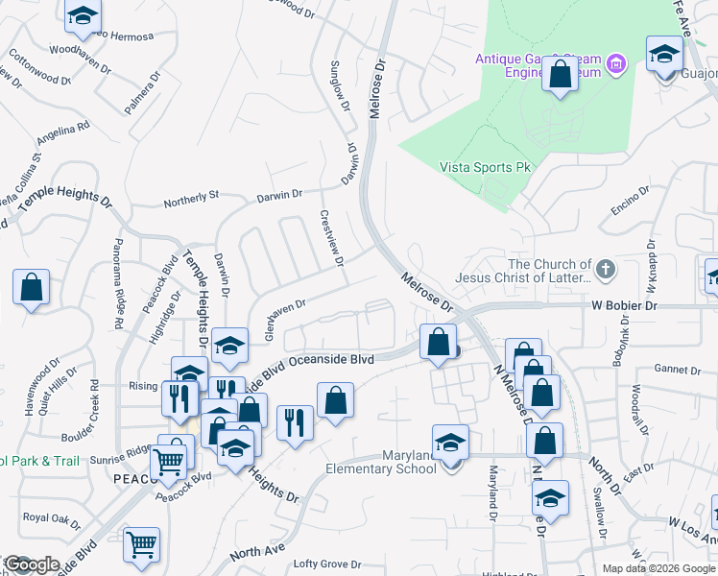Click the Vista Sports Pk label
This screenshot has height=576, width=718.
coord(485,167)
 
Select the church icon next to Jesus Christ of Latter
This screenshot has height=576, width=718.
coord(605,271)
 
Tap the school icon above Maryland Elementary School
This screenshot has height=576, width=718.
coord(448,443)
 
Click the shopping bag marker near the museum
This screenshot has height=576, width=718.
coord(560,74)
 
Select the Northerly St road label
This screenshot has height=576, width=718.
coord(191,198)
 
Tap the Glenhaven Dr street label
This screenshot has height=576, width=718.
coord(274,313)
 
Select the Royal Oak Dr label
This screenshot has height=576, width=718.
coord(52,517)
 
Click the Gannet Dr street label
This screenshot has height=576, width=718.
coord(678,370)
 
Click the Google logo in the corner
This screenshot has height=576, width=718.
coord(32,564)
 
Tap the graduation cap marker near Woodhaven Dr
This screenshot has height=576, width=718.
coord(84,16)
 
